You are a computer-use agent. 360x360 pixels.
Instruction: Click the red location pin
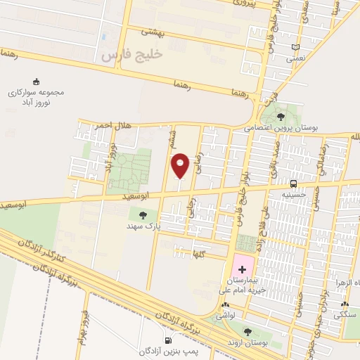point(180,165)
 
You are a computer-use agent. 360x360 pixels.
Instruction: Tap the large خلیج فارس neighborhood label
point(131,53)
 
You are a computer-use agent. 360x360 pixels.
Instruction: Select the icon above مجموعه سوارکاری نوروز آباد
point(37,82)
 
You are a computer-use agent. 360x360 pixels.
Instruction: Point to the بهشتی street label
point(153,32)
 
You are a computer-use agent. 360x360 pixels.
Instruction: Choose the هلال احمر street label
point(112,124)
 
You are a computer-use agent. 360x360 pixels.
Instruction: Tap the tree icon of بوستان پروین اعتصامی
point(281,117)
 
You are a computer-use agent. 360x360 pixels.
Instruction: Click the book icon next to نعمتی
point(295,48)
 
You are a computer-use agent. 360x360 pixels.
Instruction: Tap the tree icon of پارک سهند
point(143,215)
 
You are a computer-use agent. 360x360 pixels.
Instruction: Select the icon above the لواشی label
point(224,305)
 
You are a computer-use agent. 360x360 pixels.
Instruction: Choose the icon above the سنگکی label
point(345,304)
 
